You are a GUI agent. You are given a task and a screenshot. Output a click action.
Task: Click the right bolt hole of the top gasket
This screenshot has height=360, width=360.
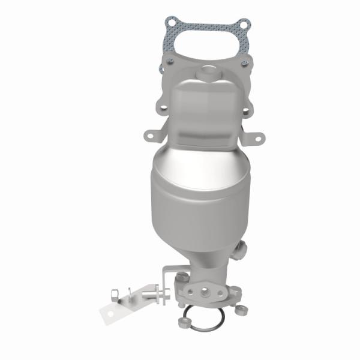pyautogui.click(x=242, y=25)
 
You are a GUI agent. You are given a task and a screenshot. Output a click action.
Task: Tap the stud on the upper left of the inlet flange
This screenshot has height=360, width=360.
pyautogui.click(x=171, y=62)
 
